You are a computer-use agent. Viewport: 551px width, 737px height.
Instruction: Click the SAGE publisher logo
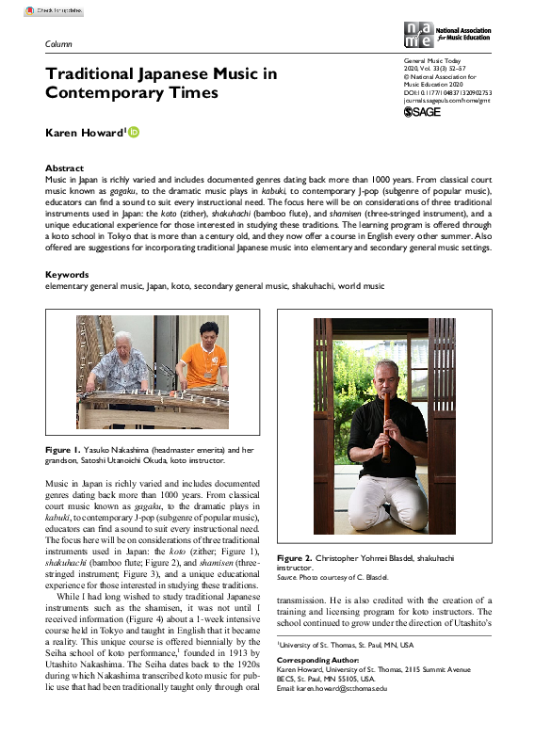click(x=423, y=112)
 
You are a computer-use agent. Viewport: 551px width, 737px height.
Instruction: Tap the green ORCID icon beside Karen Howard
click(x=134, y=133)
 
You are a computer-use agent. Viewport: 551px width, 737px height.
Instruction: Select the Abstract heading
click(x=65, y=168)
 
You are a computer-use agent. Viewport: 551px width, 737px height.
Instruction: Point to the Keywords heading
click(x=68, y=275)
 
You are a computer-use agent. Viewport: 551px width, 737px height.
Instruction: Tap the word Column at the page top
click(x=58, y=44)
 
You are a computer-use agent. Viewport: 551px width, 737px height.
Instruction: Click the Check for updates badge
click(x=25, y=9)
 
